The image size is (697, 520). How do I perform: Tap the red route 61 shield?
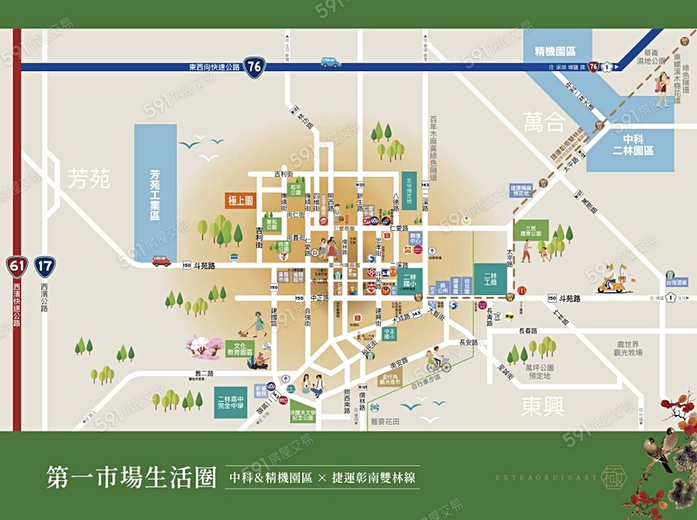pos(17,267)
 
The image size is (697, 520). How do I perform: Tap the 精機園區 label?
pos(555,52)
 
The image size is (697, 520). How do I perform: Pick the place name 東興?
pos(542,405)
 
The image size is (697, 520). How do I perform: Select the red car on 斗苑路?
pos(161,261)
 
